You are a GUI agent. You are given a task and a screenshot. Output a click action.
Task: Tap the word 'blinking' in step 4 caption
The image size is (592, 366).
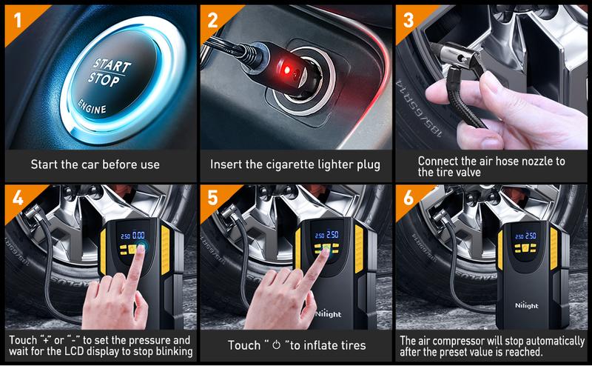click(169, 351)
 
